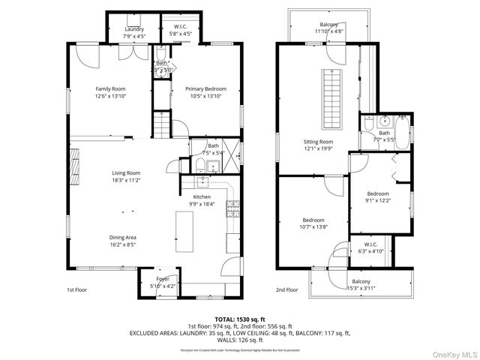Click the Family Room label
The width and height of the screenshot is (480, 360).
click(x=109, y=88)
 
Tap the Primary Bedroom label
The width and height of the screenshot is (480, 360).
click(x=205, y=88)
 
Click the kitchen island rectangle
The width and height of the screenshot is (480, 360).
click(x=184, y=231)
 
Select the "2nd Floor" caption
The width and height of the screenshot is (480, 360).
click(x=286, y=289)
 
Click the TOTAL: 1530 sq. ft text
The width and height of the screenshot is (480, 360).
click(x=239, y=318)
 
